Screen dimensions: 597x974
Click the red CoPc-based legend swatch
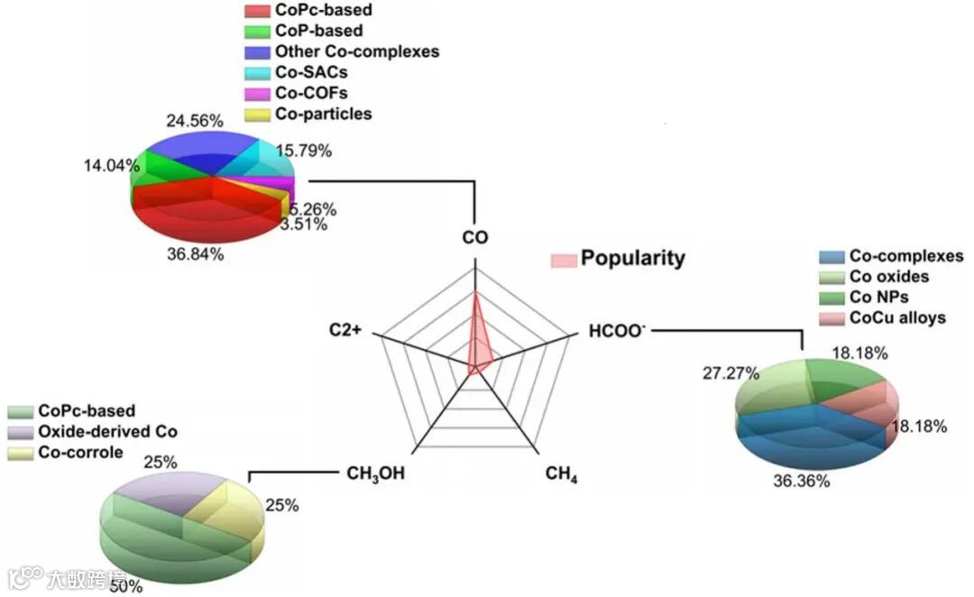(257, 11)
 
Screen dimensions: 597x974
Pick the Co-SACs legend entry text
(311, 72)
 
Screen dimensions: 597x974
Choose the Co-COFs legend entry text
(311, 93)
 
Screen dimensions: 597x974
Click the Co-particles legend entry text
(323, 114)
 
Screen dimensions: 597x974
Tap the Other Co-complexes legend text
(357, 51)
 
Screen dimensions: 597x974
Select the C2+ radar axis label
(345, 330)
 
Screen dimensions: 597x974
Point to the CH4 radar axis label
(561, 473)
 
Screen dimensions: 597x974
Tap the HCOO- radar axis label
(617, 331)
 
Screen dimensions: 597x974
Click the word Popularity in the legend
(632, 258)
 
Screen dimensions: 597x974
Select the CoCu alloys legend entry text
(897, 318)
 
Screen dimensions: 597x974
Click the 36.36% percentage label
(802, 481)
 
